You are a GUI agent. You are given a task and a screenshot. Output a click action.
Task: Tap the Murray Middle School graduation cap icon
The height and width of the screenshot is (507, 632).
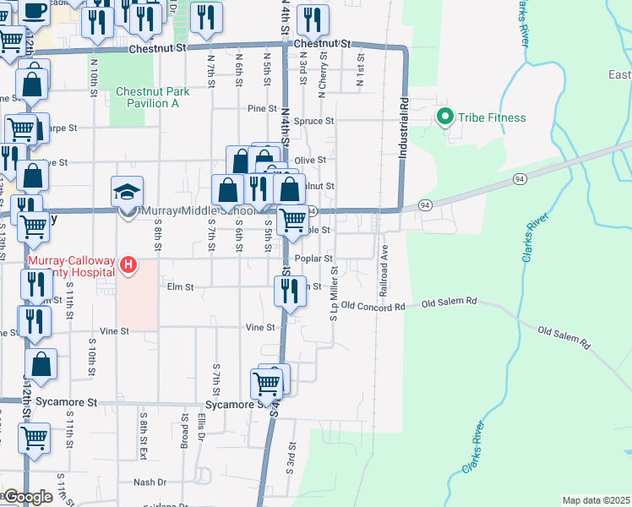click(127, 193)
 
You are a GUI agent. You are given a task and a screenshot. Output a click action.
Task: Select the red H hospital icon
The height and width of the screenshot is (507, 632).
click(128, 266)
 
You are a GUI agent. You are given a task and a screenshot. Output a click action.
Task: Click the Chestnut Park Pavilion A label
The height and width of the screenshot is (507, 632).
click(147, 97)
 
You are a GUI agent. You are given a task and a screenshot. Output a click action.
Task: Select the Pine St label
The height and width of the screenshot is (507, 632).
click(262, 109)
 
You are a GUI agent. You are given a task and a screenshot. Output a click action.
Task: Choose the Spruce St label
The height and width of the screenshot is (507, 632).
click(314, 122)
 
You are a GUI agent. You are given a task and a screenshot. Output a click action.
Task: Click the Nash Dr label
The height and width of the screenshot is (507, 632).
click(150, 482)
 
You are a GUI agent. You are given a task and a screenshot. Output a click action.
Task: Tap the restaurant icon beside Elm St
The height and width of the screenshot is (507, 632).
click(289, 292)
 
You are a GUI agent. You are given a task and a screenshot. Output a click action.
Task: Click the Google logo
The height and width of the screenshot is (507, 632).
click(27, 497)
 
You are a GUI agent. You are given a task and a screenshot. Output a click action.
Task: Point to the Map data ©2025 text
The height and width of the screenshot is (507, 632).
click(596, 500)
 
